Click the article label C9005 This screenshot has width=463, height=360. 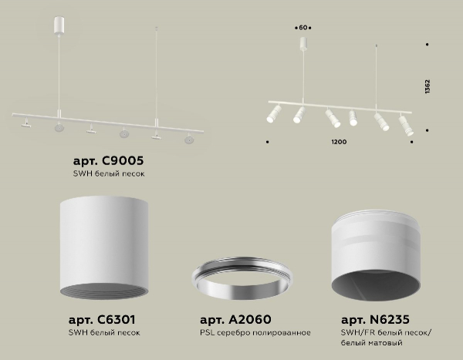click(108, 161)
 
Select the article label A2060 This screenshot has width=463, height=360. click(235, 319)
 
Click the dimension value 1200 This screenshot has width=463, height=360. click(339, 143)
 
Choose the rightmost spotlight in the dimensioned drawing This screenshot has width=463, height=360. click(404, 124)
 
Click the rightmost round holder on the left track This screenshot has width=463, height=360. click(188, 140)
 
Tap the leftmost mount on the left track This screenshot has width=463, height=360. click(26, 122)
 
